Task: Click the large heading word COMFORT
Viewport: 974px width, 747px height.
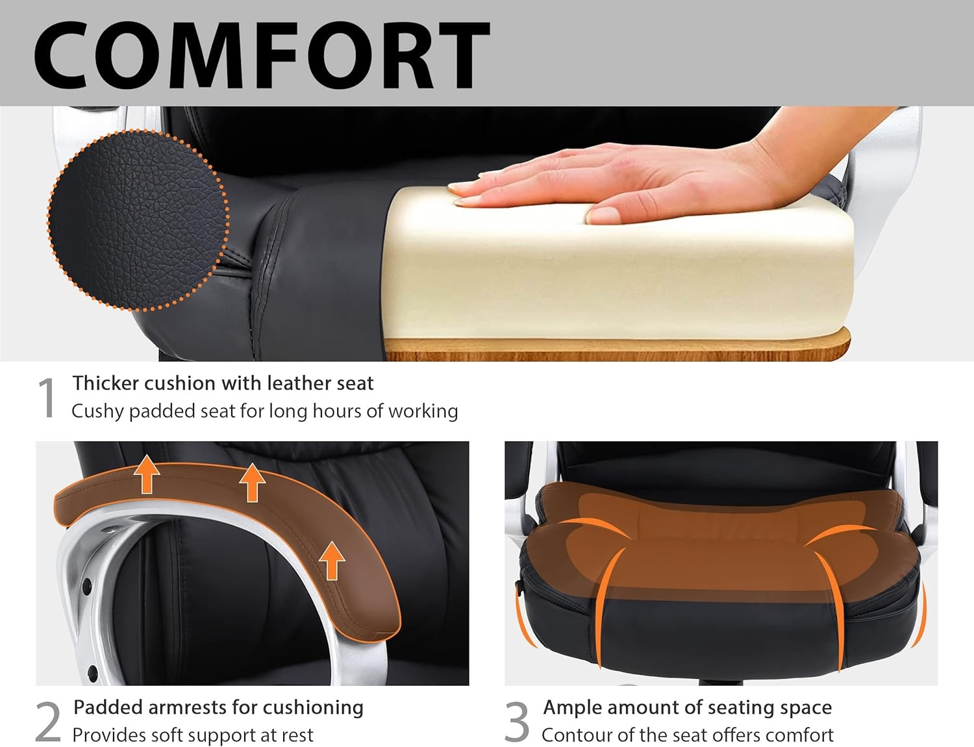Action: [x=262, y=55]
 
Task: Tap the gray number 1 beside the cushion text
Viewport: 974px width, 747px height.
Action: [x=46, y=398]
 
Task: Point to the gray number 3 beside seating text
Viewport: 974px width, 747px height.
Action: [x=517, y=722]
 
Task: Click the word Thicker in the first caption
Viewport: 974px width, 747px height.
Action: [x=105, y=383]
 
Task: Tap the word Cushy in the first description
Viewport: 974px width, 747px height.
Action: [x=97, y=412]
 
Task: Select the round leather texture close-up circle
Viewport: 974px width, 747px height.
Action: [x=138, y=220]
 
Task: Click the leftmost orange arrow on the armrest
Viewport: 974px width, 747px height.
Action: [x=147, y=474]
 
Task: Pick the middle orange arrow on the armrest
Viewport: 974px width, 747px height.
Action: [x=253, y=482]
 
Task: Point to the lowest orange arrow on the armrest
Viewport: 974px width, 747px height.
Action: [x=332, y=560]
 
